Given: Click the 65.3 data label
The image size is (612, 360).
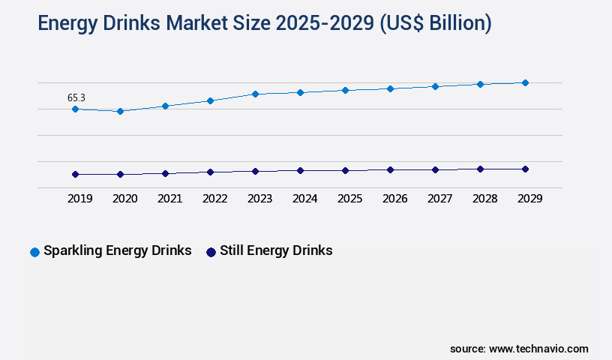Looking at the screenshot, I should pos(76,97).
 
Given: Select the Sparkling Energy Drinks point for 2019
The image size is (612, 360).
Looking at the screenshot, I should pos(75,109).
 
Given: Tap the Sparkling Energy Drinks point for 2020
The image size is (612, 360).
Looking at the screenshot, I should pos(120,111).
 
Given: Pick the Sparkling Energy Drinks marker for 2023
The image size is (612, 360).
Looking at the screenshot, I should pos(255,94).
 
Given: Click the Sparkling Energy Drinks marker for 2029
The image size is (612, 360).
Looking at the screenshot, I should pos(525,82).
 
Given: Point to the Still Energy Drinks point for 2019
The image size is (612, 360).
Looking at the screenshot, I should pos(75,174).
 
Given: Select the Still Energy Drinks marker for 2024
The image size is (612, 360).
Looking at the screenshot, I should pos(300,170).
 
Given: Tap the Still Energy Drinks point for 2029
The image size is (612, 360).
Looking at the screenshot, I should pos(525,169).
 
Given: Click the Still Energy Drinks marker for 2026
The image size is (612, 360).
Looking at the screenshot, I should pos(390,169).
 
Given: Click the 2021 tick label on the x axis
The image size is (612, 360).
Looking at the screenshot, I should pos(169,199).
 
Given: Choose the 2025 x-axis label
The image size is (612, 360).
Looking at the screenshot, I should pos(349,199).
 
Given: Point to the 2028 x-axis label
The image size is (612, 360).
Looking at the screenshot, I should pos(484,199).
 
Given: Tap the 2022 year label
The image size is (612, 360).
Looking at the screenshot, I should pos(214,199).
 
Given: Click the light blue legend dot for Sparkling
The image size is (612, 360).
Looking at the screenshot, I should pos(34,252).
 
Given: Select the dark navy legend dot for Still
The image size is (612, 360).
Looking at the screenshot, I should pos(211,252).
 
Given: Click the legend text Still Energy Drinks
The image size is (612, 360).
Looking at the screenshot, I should pos(276,250).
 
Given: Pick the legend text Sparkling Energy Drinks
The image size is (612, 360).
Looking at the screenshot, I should pos(118,250).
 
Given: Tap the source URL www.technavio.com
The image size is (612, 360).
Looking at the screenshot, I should pos(538,349).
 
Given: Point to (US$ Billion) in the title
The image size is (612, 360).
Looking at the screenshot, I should pos(436,24).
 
